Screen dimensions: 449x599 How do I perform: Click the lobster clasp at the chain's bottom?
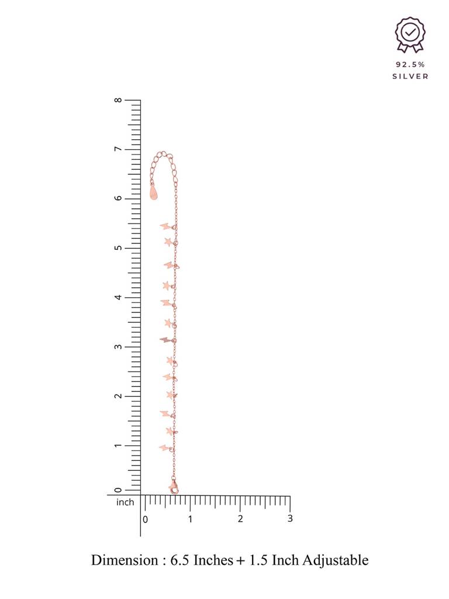click(x=174, y=487)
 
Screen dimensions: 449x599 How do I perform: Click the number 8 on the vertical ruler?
click(x=118, y=100)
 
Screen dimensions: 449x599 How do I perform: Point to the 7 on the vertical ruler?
click(x=118, y=149)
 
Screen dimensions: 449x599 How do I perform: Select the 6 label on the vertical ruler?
click(x=118, y=198)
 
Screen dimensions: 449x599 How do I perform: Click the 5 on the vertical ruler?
click(x=118, y=248)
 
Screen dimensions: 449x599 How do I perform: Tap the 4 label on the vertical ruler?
click(x=118, y=297)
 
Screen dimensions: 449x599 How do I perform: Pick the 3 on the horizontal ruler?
click(x=290, y=518)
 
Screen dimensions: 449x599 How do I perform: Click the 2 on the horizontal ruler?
click(x=240, y=518)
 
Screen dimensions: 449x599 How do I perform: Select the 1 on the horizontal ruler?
click(x=190, y=519)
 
